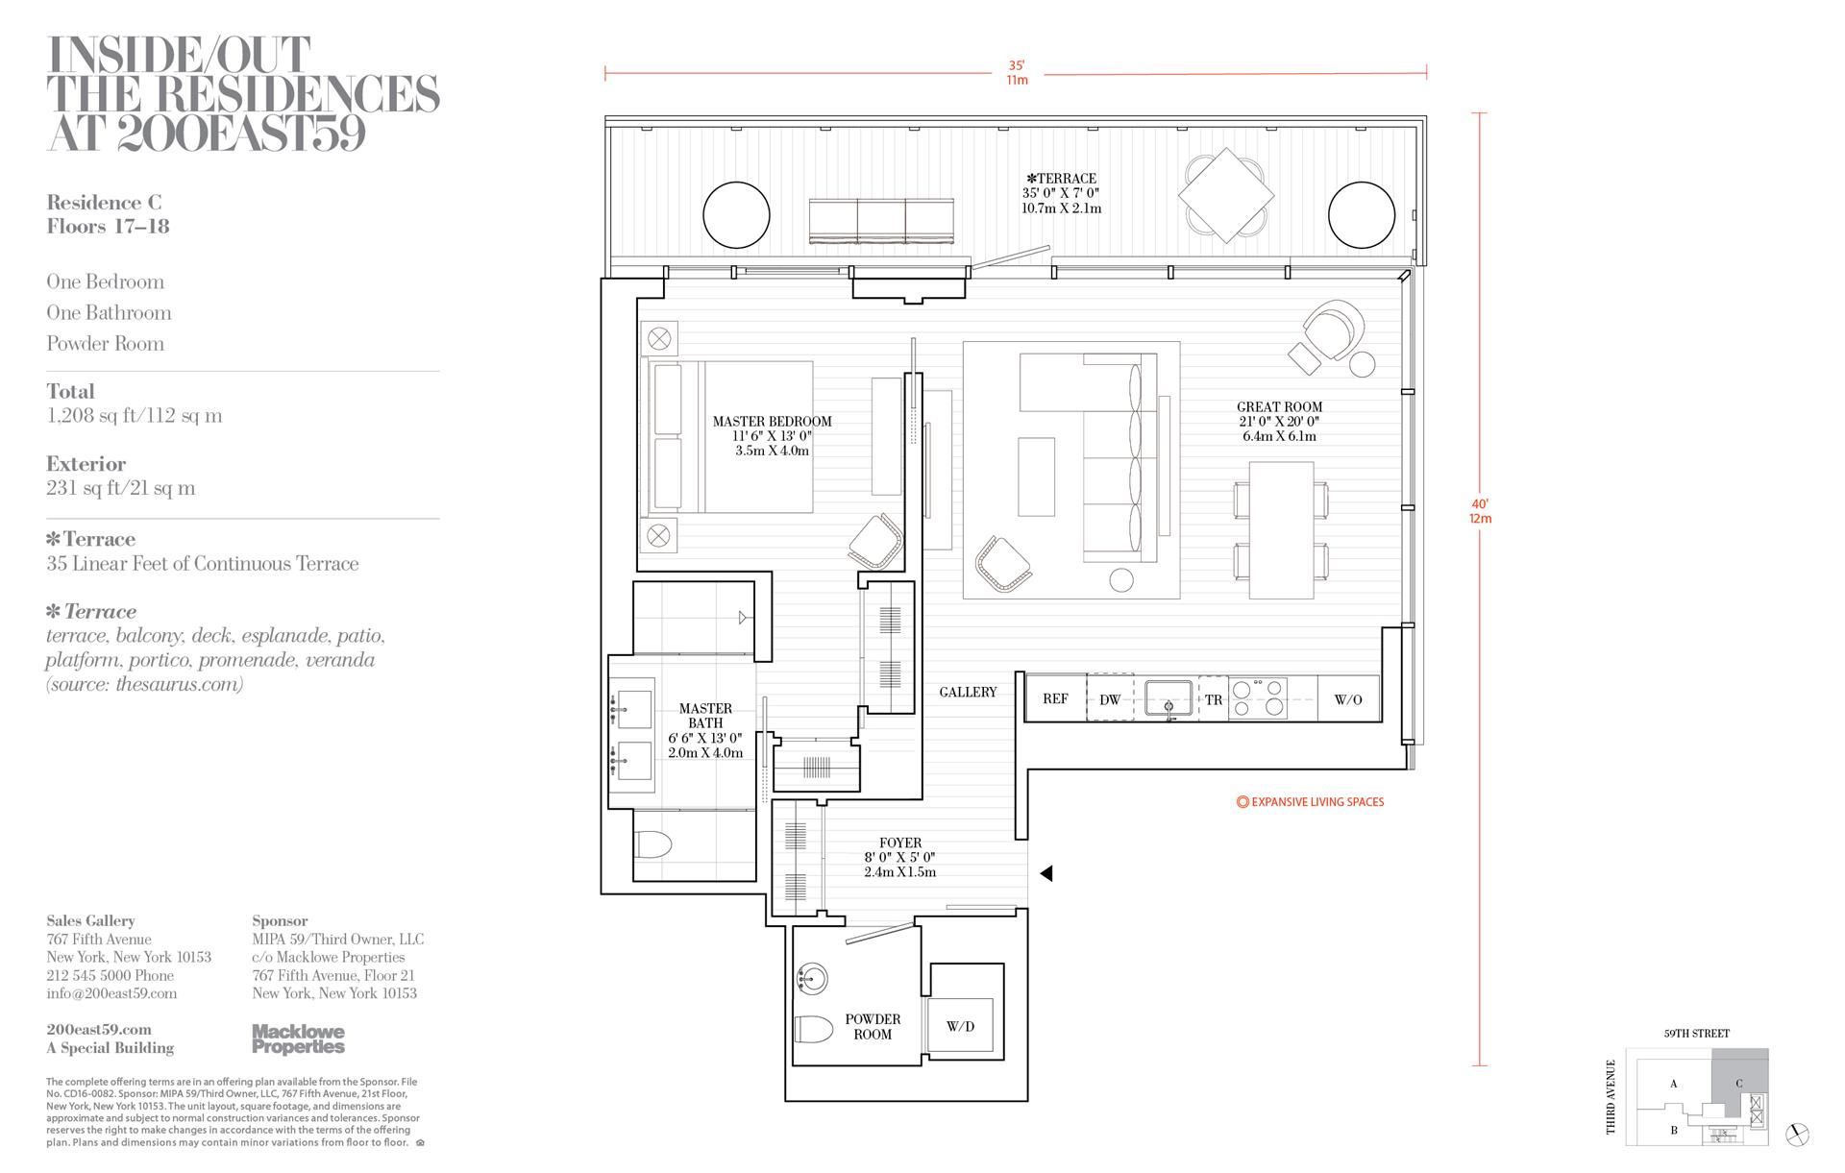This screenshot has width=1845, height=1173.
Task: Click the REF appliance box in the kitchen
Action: [1055, 698]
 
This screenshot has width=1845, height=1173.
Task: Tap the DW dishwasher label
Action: [1110, 699]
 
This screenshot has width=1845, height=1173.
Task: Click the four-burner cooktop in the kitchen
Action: [1258, 698]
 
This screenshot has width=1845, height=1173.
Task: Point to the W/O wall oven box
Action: [1348, 698]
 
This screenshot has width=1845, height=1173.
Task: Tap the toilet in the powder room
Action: [814, 1029]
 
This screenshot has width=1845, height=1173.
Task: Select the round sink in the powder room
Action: [812, 979]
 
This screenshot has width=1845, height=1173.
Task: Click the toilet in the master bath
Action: [652, 845]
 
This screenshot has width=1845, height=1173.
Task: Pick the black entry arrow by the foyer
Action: [1046, 873]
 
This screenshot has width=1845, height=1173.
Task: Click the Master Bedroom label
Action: [772, 421]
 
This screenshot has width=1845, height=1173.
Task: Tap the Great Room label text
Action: [1279, 406]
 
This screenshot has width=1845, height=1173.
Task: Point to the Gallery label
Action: [968, 692]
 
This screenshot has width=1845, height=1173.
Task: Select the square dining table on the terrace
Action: [1226, 195]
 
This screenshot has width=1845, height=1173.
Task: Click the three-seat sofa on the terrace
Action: [881, 221]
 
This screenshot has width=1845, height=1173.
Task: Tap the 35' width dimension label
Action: [1016, 65]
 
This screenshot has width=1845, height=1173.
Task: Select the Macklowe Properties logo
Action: [298, 1039]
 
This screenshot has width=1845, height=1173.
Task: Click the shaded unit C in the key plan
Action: [1738, 1083]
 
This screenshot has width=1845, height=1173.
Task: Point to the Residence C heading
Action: [104, 202]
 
